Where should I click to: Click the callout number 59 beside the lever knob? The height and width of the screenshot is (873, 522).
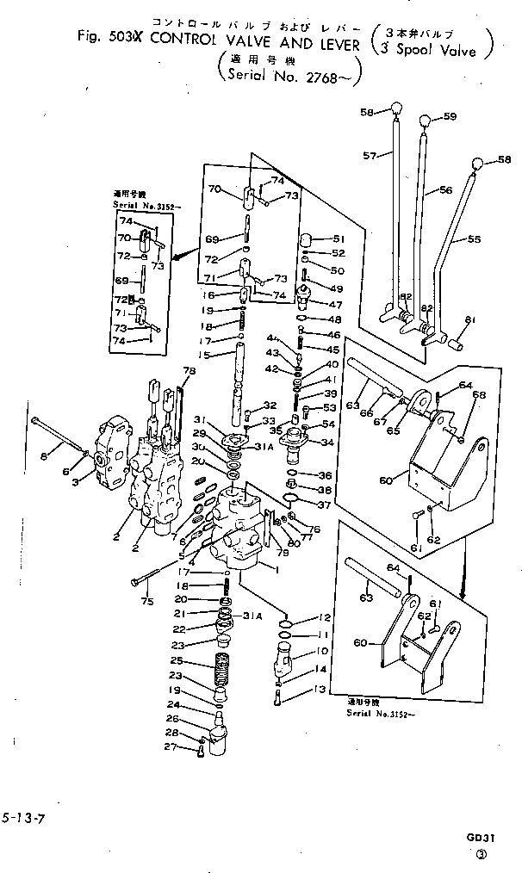[x=449, y=116]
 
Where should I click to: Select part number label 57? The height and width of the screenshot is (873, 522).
[x=370, y=156]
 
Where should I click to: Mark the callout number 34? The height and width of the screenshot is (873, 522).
[x=326, y=443]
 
